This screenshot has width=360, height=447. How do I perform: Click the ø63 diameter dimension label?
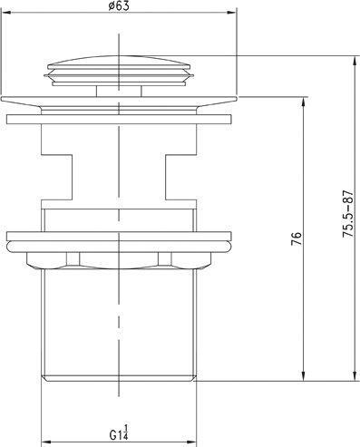click(119, 6)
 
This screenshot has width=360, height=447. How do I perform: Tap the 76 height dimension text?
click(297, 238)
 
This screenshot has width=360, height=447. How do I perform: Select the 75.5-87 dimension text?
click(348, 214)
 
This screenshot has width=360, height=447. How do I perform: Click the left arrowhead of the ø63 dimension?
click(6, 13)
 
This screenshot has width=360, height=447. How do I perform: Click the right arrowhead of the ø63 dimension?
click(232, 13)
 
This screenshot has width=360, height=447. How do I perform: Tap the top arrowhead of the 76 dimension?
click(304, 102)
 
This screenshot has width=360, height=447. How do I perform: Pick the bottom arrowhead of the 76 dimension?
click(304, 376)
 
